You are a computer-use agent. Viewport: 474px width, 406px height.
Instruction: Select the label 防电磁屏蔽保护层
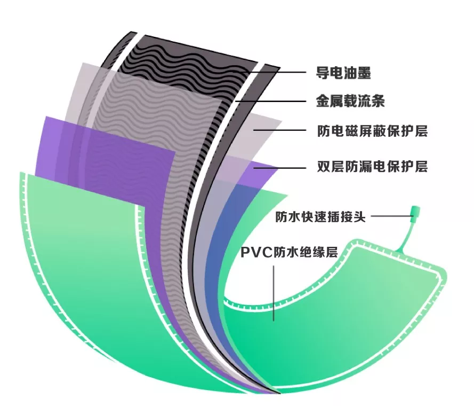(x=372, y=131)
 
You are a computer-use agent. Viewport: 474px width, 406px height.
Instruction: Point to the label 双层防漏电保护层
(x=372, y=167)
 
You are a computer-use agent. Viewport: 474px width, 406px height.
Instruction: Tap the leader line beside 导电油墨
(x=277, y=72)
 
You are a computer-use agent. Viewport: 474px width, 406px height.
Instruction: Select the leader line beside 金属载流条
(x=272, y=100)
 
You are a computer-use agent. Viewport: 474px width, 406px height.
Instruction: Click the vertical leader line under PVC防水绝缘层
(x=274, y=294)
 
